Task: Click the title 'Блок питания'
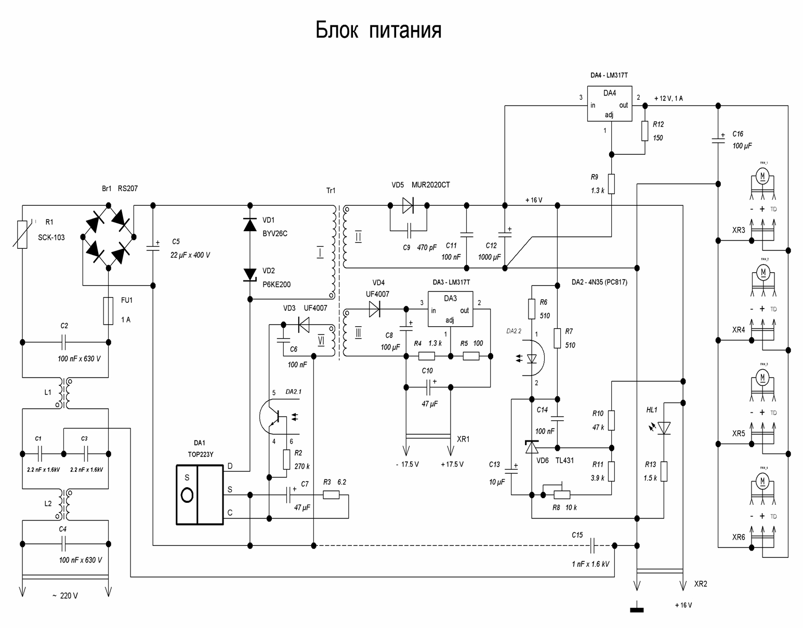pyautogui.click(x=378, y=31)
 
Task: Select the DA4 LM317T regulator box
pyautogui.click(x=609, y=104)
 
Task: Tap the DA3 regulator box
pyautogui.click(x=450, y=309)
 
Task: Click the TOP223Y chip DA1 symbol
pyautogui.click(x=200, y=495)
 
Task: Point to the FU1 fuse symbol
pyautogui.click(x=108, y=311)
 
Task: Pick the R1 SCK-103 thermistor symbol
pyautogui.click(x=22, y=234)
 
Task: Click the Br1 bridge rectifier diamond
pyautogui.click(x=108, y=237)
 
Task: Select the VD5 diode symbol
pyautogui.click(x=408, y=206)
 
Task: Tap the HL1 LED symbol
pyautogui.click(x=664, y=428)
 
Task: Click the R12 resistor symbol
pyautogui.click(x=644, y=131)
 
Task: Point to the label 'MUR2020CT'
pyautogui.click(x=430, y=185)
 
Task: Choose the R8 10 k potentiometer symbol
pyautogui.click(x=557, y=495)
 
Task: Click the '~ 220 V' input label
pyautogui.click(x=65, y=596)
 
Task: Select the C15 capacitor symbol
pyautogui.click(x=594, y=545)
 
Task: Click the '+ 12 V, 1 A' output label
pyautogui.click(x=668, y=98)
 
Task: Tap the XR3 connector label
pyautogui.click(x=739, y=230)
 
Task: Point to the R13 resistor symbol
pyautogui.click(x=664, y=471)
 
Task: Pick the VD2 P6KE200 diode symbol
pyautogui.click(x=250, y=274)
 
